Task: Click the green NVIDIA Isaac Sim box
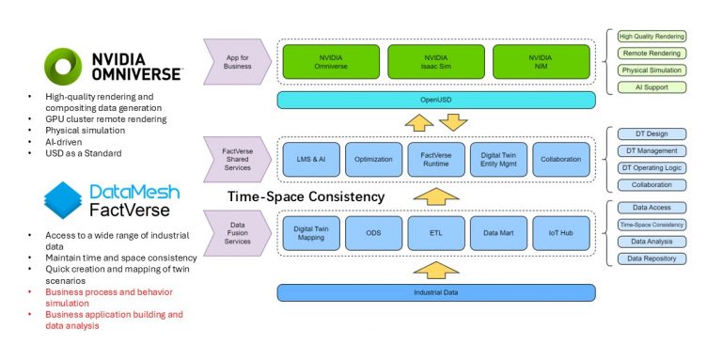436,62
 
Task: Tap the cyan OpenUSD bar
436,100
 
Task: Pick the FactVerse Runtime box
436,160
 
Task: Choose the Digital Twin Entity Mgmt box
498,160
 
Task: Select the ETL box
436,231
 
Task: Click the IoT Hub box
560,231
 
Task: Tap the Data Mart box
498,231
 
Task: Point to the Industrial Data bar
436,292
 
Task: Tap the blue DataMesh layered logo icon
63,200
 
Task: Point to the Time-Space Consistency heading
306,196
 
